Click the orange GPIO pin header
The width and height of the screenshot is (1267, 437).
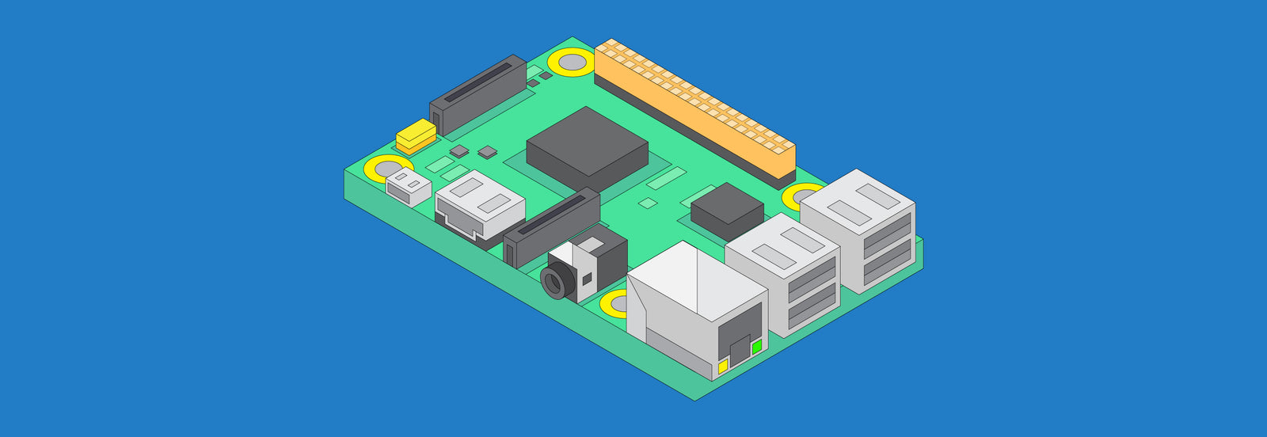[695, 111]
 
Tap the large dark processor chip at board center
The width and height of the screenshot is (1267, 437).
[587, 146]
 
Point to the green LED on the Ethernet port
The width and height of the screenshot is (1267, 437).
[757, 347]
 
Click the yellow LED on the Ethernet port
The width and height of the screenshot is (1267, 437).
[723, 366]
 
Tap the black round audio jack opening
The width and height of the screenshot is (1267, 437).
[554, 281]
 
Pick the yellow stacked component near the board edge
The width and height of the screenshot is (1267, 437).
[416, 136]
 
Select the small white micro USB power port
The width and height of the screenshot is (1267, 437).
[409, 187]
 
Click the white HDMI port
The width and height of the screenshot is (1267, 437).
[480, 205]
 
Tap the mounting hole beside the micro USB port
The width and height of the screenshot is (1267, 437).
[386, 168]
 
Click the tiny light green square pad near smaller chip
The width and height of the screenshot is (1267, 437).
[647, 203]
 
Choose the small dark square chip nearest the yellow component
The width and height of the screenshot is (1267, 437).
[458, 150]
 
